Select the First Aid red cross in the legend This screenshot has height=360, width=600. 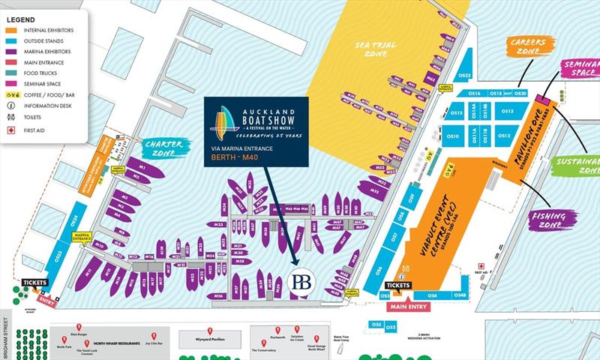(10, 130)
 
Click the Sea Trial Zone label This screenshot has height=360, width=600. (376, 50)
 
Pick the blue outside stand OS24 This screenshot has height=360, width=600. (74, 220)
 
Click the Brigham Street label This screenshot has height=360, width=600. (6, 336)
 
